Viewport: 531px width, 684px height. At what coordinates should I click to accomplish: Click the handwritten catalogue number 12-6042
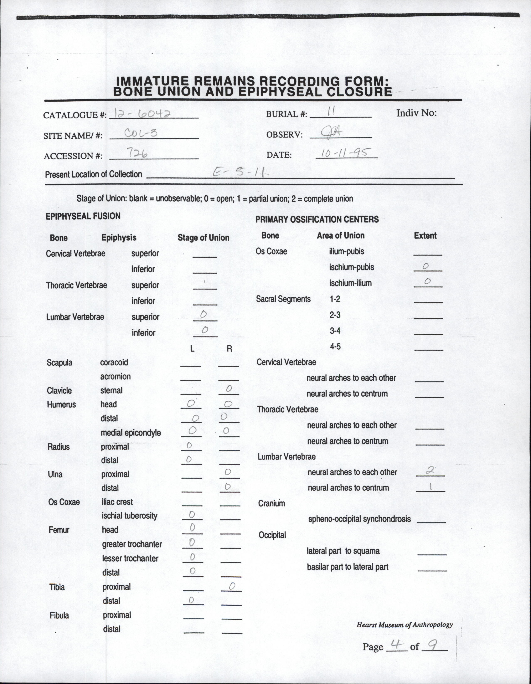(x=143, y=114)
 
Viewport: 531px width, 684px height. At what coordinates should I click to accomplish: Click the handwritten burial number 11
(x=330, y=112)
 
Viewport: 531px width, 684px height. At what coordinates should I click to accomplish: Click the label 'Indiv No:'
(x=416, y=113)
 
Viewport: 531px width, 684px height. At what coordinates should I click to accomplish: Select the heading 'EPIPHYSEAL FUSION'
(x=83, y=216)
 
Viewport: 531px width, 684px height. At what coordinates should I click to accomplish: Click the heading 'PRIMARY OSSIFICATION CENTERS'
(x=317, y=219)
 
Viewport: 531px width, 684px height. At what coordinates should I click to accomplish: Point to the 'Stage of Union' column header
(x=203, y=238)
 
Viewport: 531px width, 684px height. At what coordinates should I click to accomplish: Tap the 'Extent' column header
(x=425, y=236)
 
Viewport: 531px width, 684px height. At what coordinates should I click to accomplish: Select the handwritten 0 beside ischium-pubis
(x=425, y=266)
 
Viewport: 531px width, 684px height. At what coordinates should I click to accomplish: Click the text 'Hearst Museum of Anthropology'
(x=404, y=624)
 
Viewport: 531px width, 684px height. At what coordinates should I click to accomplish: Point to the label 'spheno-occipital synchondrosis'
(x=359, y=519)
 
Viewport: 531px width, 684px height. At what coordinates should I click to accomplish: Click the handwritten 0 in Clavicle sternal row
(x=229, y=389)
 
